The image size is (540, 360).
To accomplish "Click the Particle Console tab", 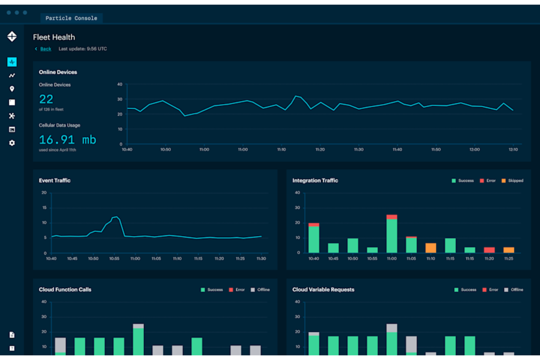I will pos(71,18).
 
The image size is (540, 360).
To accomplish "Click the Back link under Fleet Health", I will pos(46,49).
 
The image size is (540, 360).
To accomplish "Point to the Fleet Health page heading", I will pos(54,37).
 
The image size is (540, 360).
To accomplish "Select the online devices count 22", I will pos(46,99).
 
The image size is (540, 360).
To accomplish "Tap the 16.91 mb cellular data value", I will pos(67,140).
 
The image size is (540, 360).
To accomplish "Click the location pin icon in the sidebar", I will pos(12,89).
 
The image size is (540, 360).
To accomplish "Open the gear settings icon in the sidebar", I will pos(12,143).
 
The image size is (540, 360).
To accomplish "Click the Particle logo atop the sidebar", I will pos(12,36).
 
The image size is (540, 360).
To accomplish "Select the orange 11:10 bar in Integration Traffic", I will pos(431,248).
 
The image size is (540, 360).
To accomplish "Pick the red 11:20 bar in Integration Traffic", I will pos(489,250).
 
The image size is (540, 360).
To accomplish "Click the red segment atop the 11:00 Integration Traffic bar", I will pos(391,217).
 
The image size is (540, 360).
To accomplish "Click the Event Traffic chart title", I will pos(55,181).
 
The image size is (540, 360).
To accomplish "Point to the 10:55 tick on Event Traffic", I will pos(114,259).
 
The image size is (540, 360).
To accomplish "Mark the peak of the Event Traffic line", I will pos(116,217).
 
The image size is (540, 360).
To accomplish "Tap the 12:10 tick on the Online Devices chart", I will pos(513,150).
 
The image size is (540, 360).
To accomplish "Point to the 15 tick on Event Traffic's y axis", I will pos(45,208).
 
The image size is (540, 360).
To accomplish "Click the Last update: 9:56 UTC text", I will pos(83,49).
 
